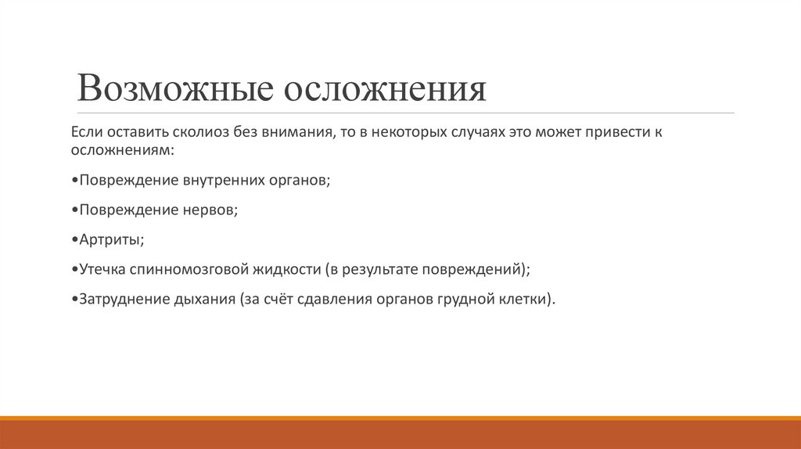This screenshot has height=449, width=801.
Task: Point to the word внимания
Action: pos(296,133)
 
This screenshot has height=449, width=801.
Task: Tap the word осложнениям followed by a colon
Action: pos(110,149)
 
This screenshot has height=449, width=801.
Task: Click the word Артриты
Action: pos(110,239)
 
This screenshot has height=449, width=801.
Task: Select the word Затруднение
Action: pos(120,299)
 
